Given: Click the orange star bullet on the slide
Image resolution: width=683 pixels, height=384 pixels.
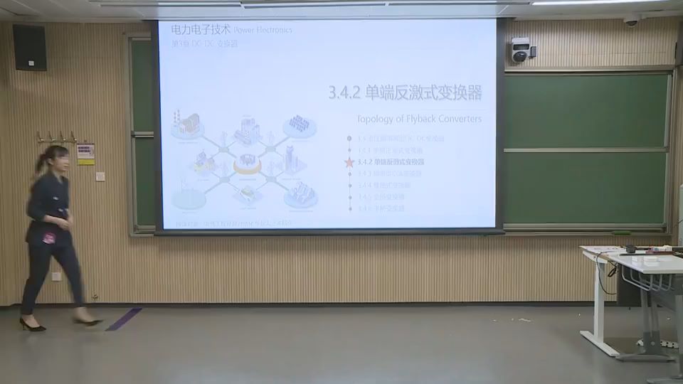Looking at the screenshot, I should click(x=349, y=162).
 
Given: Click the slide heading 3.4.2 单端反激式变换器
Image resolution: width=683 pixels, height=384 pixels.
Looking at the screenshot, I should click(x=405, y=92).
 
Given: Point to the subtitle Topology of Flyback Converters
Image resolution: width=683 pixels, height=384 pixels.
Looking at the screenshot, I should click(x=418, y=119).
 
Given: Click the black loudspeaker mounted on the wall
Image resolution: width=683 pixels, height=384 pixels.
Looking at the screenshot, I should click(x=29, y=47).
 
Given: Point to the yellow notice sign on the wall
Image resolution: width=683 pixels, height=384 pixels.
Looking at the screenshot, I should click(x=86, y=154).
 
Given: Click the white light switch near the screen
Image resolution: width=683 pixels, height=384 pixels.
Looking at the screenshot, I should click(x=100, y=176).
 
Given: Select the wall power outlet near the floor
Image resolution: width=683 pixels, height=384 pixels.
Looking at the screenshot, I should click(x=56, y=276).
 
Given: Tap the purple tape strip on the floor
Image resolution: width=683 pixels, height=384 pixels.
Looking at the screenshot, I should click(x=124, y=319).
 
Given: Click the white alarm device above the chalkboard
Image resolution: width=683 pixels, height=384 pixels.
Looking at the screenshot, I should click(x=521, y=50).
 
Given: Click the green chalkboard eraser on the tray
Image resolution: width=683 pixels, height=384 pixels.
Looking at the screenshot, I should click(x=622, y=233).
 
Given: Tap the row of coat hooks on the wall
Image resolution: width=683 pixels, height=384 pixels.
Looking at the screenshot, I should click(x=58, y=137).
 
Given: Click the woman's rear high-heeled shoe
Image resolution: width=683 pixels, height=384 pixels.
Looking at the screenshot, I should click(x=32, y=326).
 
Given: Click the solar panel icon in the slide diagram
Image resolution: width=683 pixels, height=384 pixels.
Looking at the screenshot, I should click(x=300, y=125).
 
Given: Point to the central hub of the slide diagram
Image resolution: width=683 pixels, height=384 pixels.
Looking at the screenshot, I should click(x=248, y=163).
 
